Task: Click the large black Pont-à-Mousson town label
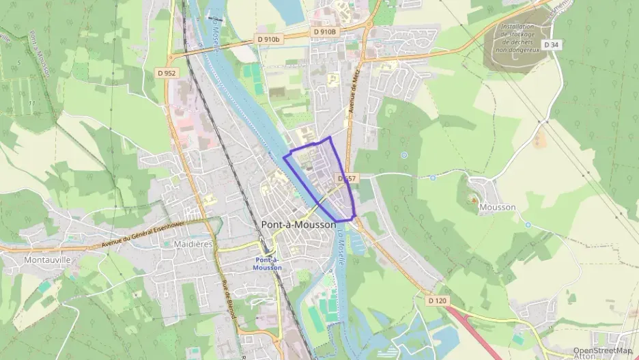pos(298,224)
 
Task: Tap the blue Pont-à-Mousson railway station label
pos(267,264)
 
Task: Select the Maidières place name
pos(194,243)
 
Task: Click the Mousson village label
pos(497,206)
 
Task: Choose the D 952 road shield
pos(167,72)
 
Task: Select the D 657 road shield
pos(347,178)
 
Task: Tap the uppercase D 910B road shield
pos(325,32)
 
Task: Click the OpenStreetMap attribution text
pos(602,350)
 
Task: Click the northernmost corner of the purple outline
pos(330,137)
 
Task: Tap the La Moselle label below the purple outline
pos(341,247)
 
